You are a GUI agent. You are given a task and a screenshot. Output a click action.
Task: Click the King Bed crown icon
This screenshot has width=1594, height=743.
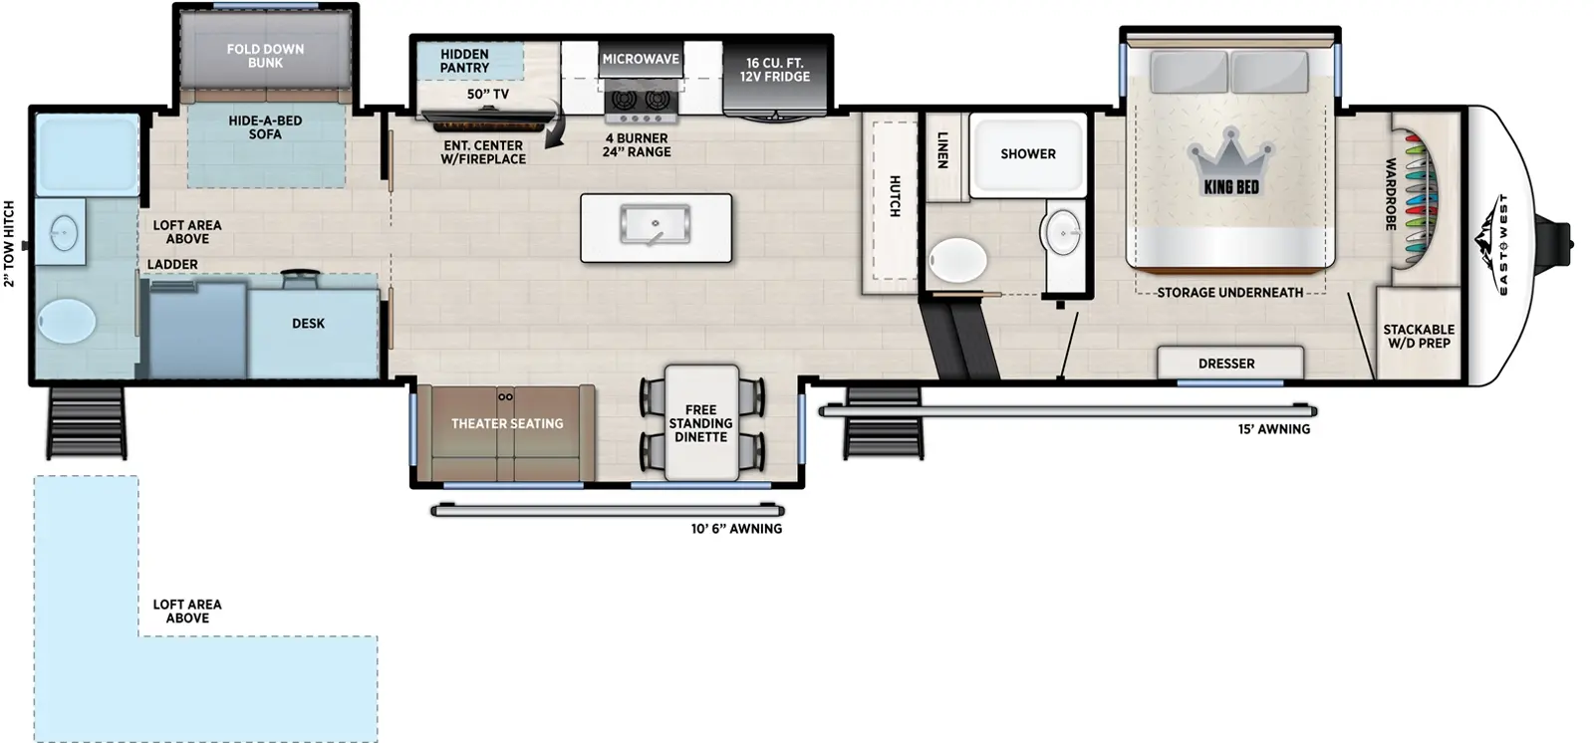coord(1231,153)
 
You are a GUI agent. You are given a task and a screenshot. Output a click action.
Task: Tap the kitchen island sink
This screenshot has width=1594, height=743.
coord(655,224)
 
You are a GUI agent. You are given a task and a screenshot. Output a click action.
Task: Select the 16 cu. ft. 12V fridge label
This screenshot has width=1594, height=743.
coord(774,70)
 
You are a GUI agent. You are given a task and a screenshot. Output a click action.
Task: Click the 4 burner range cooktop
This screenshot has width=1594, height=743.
coord(641,102)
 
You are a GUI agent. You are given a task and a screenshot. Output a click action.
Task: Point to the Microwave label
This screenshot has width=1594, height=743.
coord(641,59)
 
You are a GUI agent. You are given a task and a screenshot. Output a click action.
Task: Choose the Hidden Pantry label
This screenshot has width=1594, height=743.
coord(464,61)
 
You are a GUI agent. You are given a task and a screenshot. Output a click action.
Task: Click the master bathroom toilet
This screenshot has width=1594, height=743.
coord(957,261)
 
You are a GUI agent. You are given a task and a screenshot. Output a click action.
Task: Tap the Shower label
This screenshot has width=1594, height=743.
coord(1028,154)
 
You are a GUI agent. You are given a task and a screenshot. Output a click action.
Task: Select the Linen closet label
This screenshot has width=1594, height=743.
coord(942,149)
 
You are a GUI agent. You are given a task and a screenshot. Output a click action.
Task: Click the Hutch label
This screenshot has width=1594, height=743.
coord(894,196)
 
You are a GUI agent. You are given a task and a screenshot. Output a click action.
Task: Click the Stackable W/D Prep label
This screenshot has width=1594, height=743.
coord(1419,336)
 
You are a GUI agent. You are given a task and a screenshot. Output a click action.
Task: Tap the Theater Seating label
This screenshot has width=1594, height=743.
coord(507,423)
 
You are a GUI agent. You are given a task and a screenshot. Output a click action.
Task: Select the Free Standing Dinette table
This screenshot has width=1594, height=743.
coord(701,423)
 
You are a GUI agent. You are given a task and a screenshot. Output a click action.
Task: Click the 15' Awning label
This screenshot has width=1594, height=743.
coord(1273,429)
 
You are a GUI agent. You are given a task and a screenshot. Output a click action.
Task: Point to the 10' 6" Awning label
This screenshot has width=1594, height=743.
coord(736,529)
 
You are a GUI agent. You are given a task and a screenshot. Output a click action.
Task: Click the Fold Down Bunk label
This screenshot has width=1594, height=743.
coord(265,56)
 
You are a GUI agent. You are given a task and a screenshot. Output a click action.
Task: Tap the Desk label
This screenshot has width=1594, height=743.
coord(308,324)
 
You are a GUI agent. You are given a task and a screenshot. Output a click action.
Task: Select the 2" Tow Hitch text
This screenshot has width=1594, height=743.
coord(10,244)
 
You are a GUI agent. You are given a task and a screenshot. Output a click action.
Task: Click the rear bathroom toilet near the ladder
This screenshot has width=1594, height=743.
coord(67,321)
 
